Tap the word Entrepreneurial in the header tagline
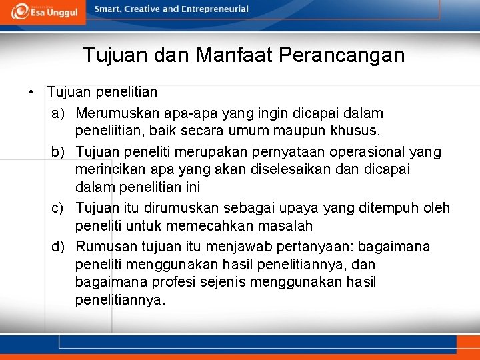click(217, 9)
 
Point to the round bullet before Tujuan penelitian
click(31, 91)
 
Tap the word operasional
click(367, 153)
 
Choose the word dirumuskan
click(179, 209)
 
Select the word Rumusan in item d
click(107, 247)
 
